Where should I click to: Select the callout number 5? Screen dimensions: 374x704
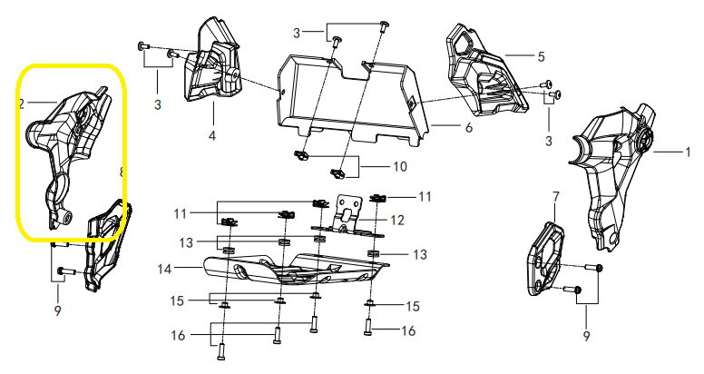541,56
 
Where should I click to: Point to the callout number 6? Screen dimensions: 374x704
468,129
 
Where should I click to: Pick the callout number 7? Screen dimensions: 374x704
555,196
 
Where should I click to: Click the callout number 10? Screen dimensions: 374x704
398,167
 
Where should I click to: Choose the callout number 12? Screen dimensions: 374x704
396,221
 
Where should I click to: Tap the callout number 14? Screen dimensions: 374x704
164,269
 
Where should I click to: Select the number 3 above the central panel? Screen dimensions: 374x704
296,34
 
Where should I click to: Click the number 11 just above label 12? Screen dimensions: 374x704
424,196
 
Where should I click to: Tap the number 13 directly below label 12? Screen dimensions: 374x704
420,254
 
